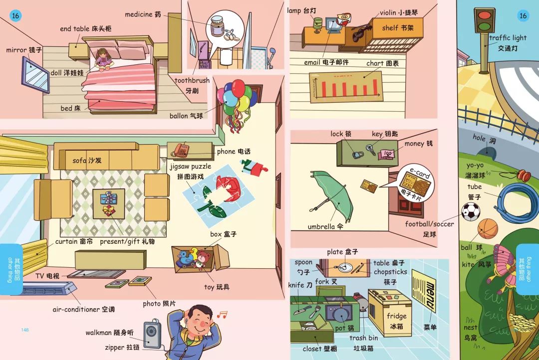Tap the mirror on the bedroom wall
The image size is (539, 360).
tap(35, 74)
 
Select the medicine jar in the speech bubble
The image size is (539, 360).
tap(218, 26)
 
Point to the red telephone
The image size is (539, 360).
tap(181, 149)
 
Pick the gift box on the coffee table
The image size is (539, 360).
tap(108, 198)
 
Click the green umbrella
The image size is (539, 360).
tap(331, 194)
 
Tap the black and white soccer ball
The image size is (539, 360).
tap(471, 211)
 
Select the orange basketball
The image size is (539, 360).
tap(488, 229)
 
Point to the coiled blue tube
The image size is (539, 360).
tap(516, 200)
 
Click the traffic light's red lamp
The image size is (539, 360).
tap(483, 15)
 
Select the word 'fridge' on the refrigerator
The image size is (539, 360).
tap(396, 316)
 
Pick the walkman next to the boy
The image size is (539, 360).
tap(152, 335)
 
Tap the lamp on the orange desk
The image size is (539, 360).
tap(317, 24)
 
